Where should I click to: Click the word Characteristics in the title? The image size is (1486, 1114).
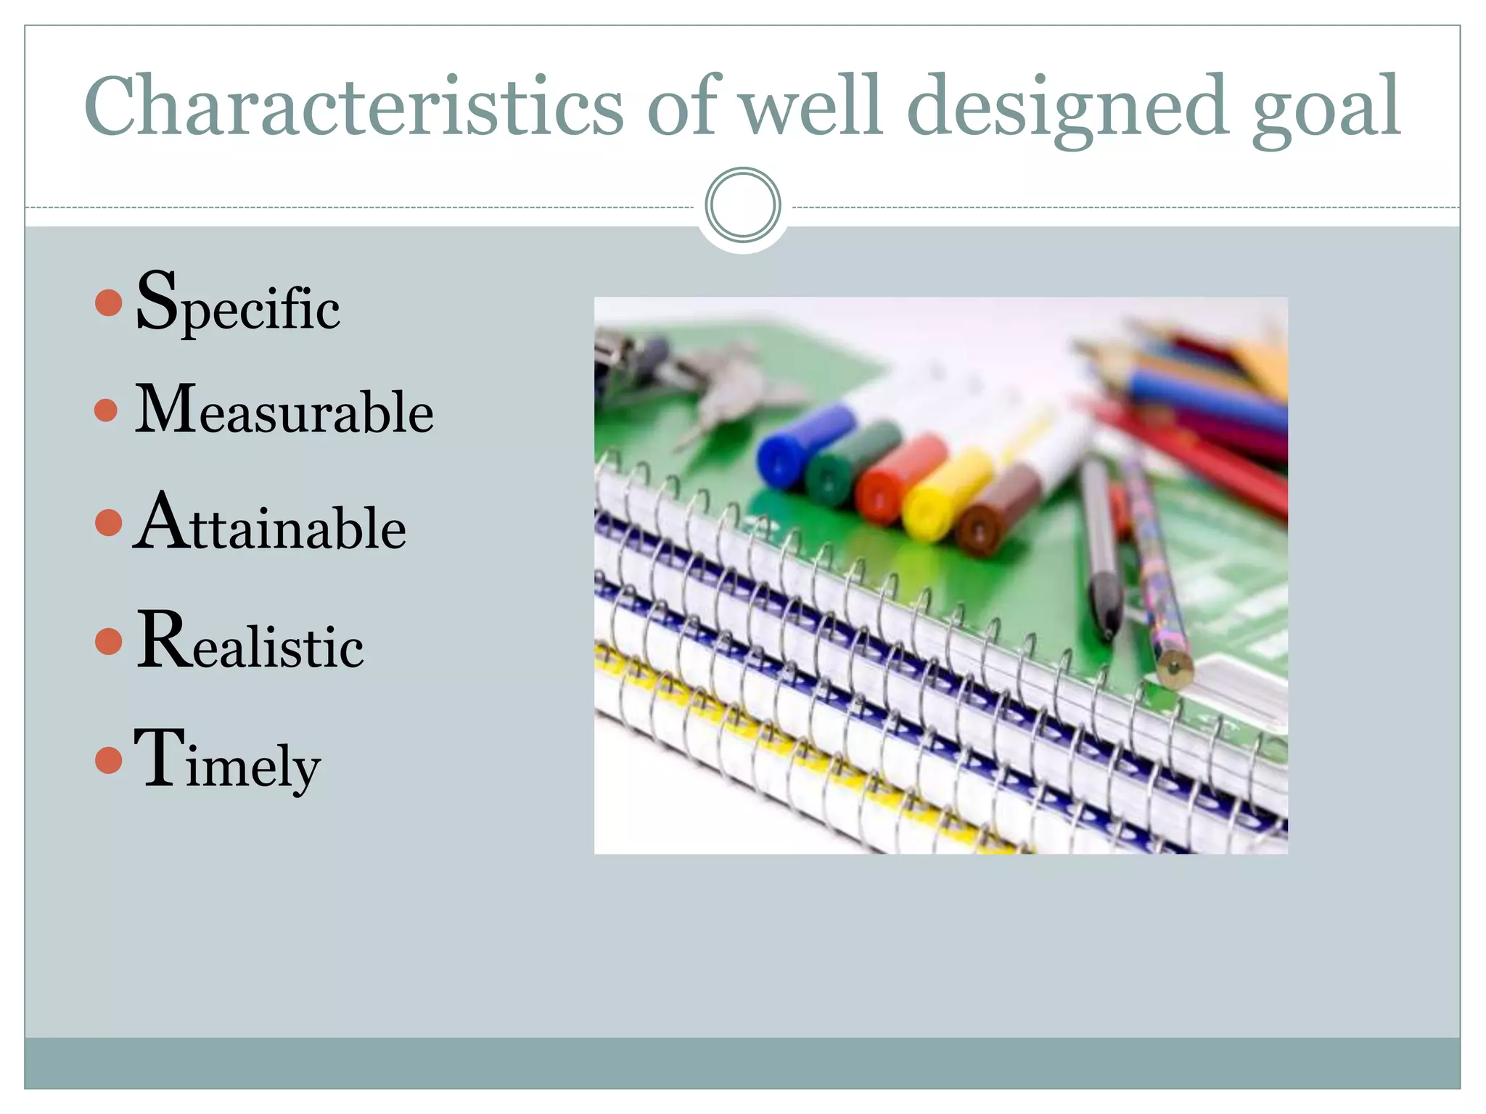coord(353,107)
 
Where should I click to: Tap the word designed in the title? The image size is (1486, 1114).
coord(1067,107)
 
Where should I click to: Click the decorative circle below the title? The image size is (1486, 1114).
coord(742,205)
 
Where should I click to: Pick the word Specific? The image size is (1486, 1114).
coord(237,303)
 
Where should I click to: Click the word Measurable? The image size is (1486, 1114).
coord(284,410)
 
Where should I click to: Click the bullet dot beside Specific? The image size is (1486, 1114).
coord(108,302)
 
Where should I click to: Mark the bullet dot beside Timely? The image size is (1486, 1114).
coord(108,760)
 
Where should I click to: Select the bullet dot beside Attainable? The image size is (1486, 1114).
coord(108,523)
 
